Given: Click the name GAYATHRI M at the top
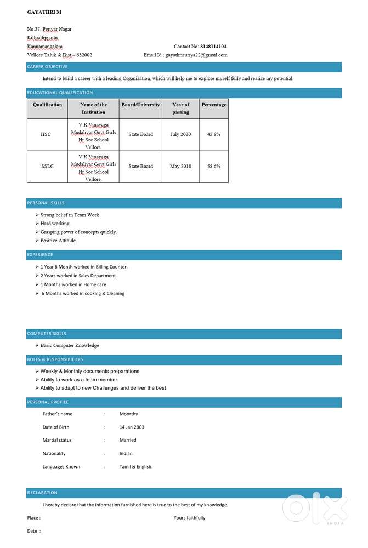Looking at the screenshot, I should coord(44,12).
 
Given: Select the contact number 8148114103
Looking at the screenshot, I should coord(213,47).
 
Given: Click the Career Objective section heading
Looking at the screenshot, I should coord(48,67).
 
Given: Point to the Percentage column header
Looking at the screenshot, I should coord(213,105).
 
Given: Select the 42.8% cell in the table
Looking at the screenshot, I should coord(213,134).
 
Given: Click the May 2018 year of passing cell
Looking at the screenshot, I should coord(180,166).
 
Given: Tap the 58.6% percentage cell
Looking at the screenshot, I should coord(213,166).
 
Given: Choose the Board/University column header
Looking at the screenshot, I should coord(140,105).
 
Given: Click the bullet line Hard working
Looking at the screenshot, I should coord(55,224).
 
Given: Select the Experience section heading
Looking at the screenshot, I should coord(41,255).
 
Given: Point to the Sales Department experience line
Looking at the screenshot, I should coord(78,276).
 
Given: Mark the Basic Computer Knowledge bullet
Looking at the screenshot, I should coord(70,346).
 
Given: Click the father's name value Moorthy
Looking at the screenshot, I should coord(129,414).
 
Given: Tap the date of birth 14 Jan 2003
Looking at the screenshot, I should coord(132,427).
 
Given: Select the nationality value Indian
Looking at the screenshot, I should coord(126,454).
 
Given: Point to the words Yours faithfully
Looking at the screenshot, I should coord(189,518).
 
